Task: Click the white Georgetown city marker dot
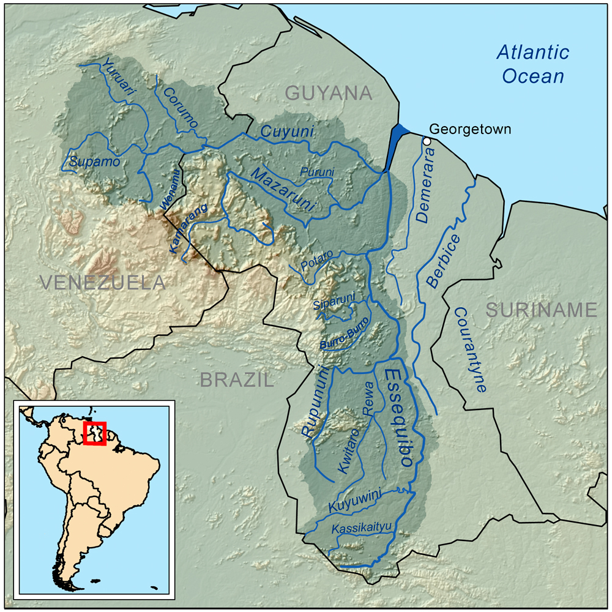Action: (x=427, y=141)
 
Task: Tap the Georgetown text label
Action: (x=469, y=129)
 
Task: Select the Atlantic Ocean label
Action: (x=532, y=64)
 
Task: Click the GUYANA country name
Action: (x=329, y=94)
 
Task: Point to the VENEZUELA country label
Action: (x=102, y=282)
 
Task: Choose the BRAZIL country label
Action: (x=236, y=380)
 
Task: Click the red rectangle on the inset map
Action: (x=95, y=433)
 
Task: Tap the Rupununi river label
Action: (x=316, y=401)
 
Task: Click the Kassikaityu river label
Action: (x=360, y=528)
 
